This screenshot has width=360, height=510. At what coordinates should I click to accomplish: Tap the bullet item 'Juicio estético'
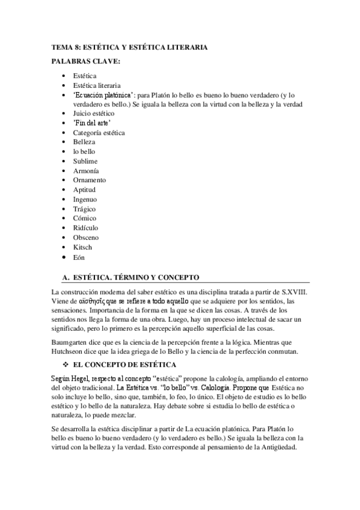pyautogui.click(x=93, y=112)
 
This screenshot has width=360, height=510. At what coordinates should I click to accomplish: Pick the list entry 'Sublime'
pyautogui.click(x=85, y=161)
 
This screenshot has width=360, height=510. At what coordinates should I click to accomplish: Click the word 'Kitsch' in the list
pyautogui.click(x=83, y=247)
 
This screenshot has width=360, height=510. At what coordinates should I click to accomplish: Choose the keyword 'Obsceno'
pyautogui.click(x=86, y=238)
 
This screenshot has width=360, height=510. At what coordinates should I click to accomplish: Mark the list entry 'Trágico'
pyautogui.click(x=85, y=209)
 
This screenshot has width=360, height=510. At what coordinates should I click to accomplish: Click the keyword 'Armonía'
pyautogui.click(x=86, y=170)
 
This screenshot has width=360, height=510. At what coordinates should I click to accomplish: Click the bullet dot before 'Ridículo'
pyautogui.click(x=64, y=228)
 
